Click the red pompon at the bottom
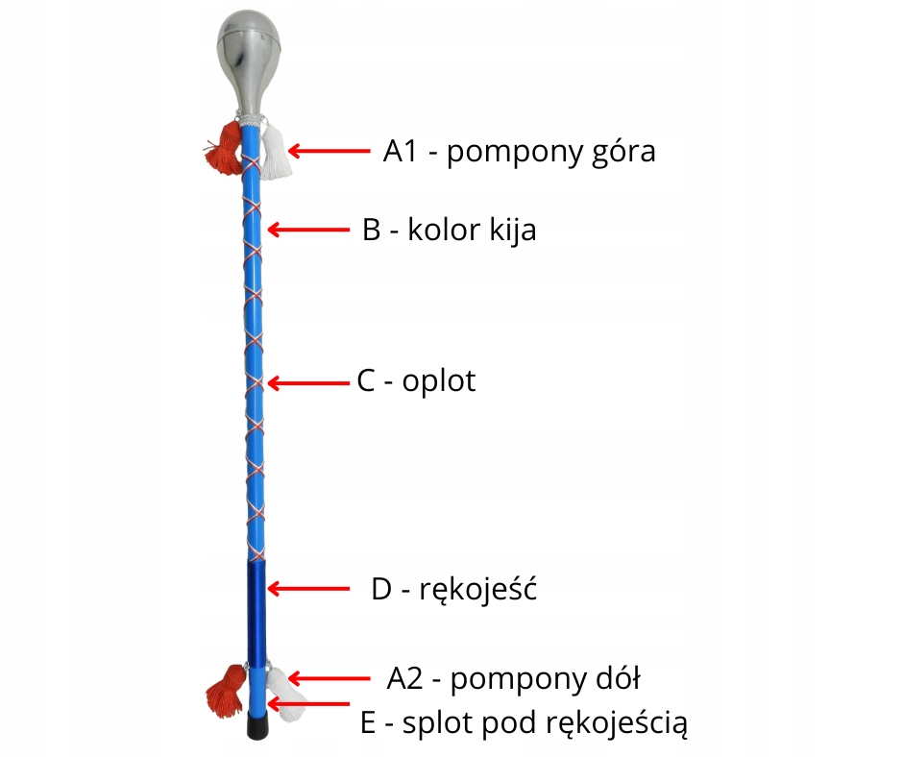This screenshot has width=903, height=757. point(225,689)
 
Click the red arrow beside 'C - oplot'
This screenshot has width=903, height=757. point(306,382)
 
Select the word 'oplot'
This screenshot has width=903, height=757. point(439,382)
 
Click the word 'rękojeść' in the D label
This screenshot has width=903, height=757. point(477,589)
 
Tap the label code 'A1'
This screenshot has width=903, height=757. point(400,151)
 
